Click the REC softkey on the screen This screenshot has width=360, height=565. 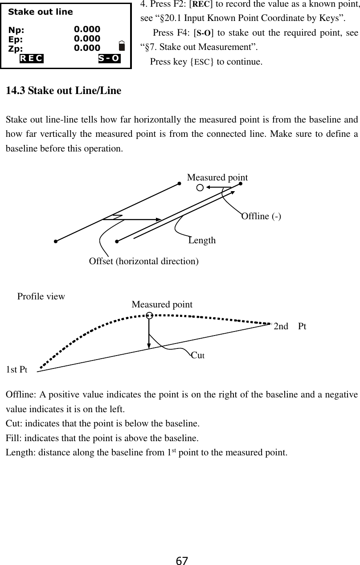click(x=31, y=58)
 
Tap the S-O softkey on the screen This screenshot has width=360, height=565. click(x=109, y=58)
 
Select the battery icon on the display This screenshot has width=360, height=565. click(x=122, y=45)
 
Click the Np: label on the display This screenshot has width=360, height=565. click(x=16, y=30)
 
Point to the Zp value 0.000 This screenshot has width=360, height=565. click(x=87, y=48)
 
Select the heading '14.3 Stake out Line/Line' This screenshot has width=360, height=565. click(x=63, y=91)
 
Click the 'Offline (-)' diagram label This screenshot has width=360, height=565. click(x=261, y=217)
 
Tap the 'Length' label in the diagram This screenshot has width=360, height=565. click(x=202, y=241)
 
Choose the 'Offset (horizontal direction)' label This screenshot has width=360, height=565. click(x=144, y=261)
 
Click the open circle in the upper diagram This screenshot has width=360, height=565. click(x=200, y=188)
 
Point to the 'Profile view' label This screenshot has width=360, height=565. click(x=41, y=296)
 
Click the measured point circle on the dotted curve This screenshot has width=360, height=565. click(x=150, y=315)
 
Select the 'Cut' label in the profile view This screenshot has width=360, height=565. click(x=197, y=355)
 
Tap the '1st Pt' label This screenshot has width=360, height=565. click(x=17, y=369)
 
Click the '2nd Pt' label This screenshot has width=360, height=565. click(x=290, y=326)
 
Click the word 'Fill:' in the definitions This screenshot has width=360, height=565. click(x=14, y=438)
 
